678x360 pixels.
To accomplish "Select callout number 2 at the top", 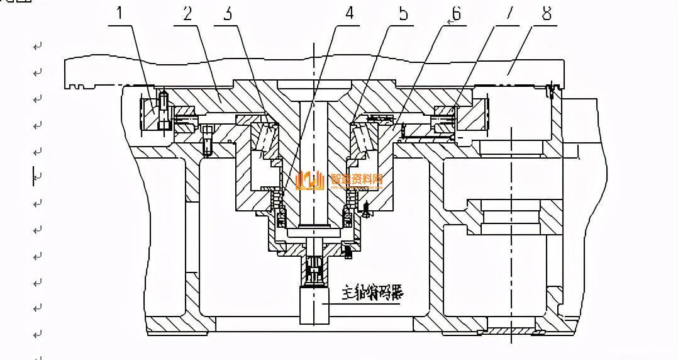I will [x=187, y=13].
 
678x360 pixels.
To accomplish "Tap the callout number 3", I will [x=227, y=13].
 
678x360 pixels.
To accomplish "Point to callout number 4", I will [x=350, y=13].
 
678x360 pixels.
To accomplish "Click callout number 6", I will [x=457, y=13].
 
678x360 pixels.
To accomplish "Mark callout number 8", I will [x=547, y=13].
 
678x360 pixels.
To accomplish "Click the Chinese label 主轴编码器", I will [x=372, y=293].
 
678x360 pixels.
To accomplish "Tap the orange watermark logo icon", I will [x=312, y=181].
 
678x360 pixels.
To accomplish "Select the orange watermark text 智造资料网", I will [x=356, y=179].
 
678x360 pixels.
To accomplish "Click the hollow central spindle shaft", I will [x=314, y=164].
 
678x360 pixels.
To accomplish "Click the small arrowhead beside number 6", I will [x=450, y=21].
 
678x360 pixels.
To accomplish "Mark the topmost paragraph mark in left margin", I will [x=38, y=47].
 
